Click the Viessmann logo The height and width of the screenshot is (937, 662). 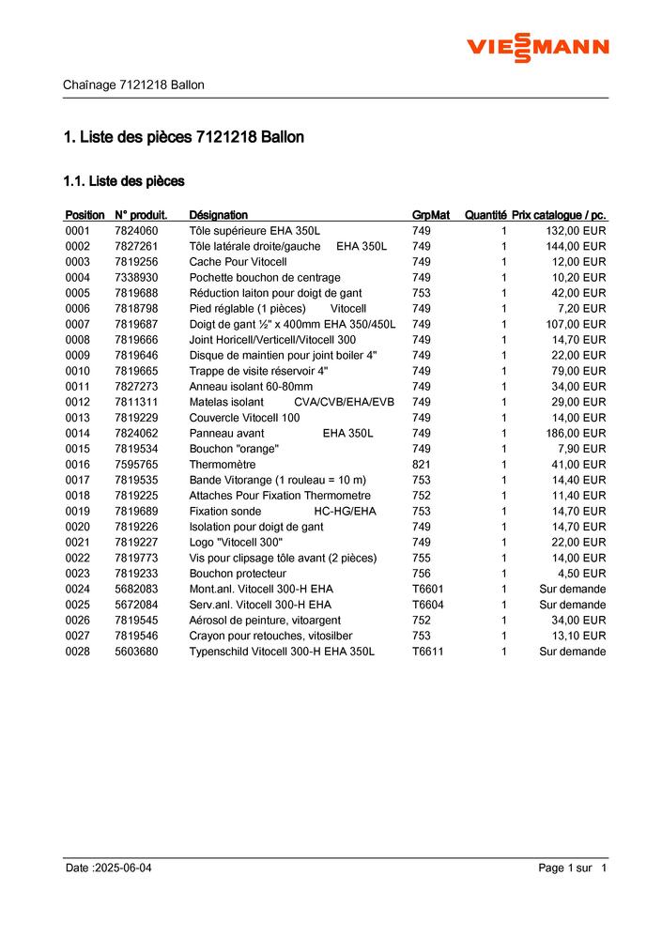click(x=538, y=47)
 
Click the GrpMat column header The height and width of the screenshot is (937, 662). click(x=431, y=215)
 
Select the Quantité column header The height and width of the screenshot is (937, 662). click(x=485, y=215)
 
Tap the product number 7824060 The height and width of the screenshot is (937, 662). click(x=136, y=231)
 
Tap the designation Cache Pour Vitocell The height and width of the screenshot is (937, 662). click(x=238, y=262)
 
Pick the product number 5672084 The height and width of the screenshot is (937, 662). click(x=136, y=605)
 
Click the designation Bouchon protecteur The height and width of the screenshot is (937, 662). click(x=238, y=574)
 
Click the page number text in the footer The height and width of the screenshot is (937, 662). click(x=573, y=868)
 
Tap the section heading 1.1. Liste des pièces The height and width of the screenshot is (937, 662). click(x=123, y=180)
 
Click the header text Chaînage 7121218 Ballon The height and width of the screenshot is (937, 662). click(x=133, y=84)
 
